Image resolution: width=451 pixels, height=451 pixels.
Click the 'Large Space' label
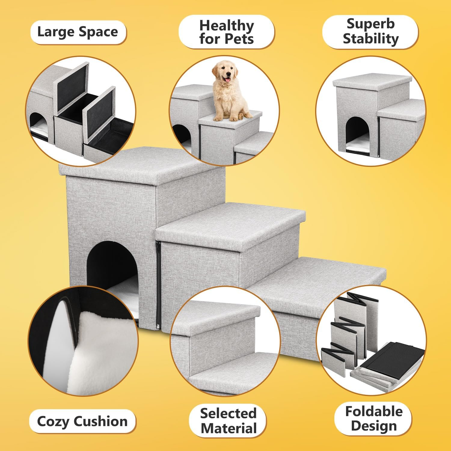[x=78, y=32]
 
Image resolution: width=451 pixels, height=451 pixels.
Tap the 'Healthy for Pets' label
[x=226, y=32]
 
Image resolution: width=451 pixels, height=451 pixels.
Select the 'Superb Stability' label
[x=370, y=32]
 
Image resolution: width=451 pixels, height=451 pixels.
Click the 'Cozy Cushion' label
[x=82, y=421]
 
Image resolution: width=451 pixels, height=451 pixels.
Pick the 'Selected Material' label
[x=228, y=421]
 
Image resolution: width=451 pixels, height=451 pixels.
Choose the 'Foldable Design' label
[x=373, y=419]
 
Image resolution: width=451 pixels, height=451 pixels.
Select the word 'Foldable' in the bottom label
[x=373, y=411]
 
